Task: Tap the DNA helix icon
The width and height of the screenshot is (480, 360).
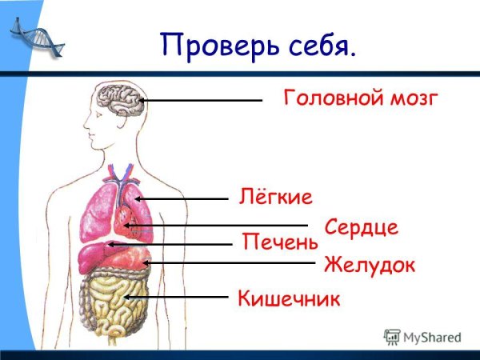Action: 37,37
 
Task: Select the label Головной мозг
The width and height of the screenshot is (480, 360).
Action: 361,98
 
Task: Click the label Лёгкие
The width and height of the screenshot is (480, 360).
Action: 275,197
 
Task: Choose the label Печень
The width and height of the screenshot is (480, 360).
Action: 280,242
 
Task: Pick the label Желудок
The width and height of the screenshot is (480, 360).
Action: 370,266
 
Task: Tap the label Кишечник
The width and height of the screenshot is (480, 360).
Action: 289,298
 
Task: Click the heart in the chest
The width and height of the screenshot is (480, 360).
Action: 125,222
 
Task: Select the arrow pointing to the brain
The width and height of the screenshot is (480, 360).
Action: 201,100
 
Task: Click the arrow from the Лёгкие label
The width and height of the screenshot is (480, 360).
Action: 182,199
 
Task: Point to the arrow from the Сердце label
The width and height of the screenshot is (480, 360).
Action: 216,226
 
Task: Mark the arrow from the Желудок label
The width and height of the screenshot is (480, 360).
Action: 229,262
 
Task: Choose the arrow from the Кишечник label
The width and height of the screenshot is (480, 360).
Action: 176,297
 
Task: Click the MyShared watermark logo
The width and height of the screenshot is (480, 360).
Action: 422,338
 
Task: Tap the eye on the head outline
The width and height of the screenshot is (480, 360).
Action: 99,115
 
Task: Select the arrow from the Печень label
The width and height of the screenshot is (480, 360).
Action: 170,244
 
